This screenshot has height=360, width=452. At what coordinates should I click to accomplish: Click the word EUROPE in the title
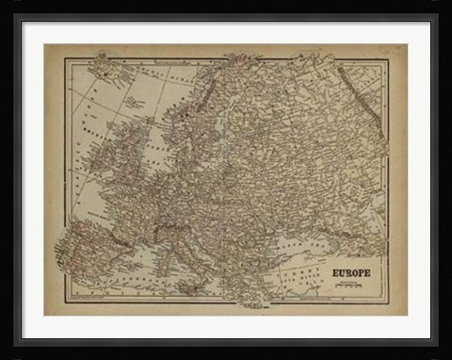click(x=350, y=273)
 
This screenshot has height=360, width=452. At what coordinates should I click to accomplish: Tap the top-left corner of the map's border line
click(x=65, y=59)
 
